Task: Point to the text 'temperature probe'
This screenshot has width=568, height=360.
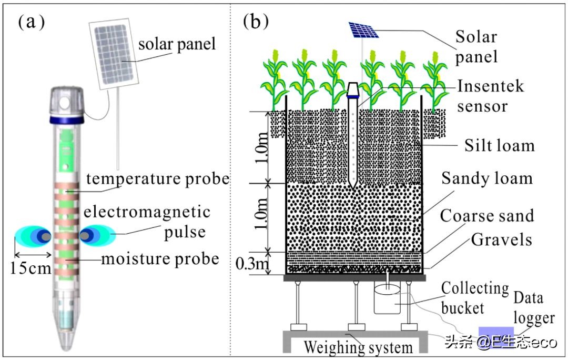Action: pos(158,179)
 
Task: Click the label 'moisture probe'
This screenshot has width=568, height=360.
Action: pos(160,259)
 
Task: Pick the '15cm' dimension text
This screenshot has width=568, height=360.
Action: pos(30,269)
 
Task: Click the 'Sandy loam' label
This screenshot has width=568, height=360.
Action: pos(486,178)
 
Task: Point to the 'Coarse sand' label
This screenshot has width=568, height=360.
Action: pos(486,215)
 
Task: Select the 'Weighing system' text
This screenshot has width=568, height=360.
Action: pos(358,348)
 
